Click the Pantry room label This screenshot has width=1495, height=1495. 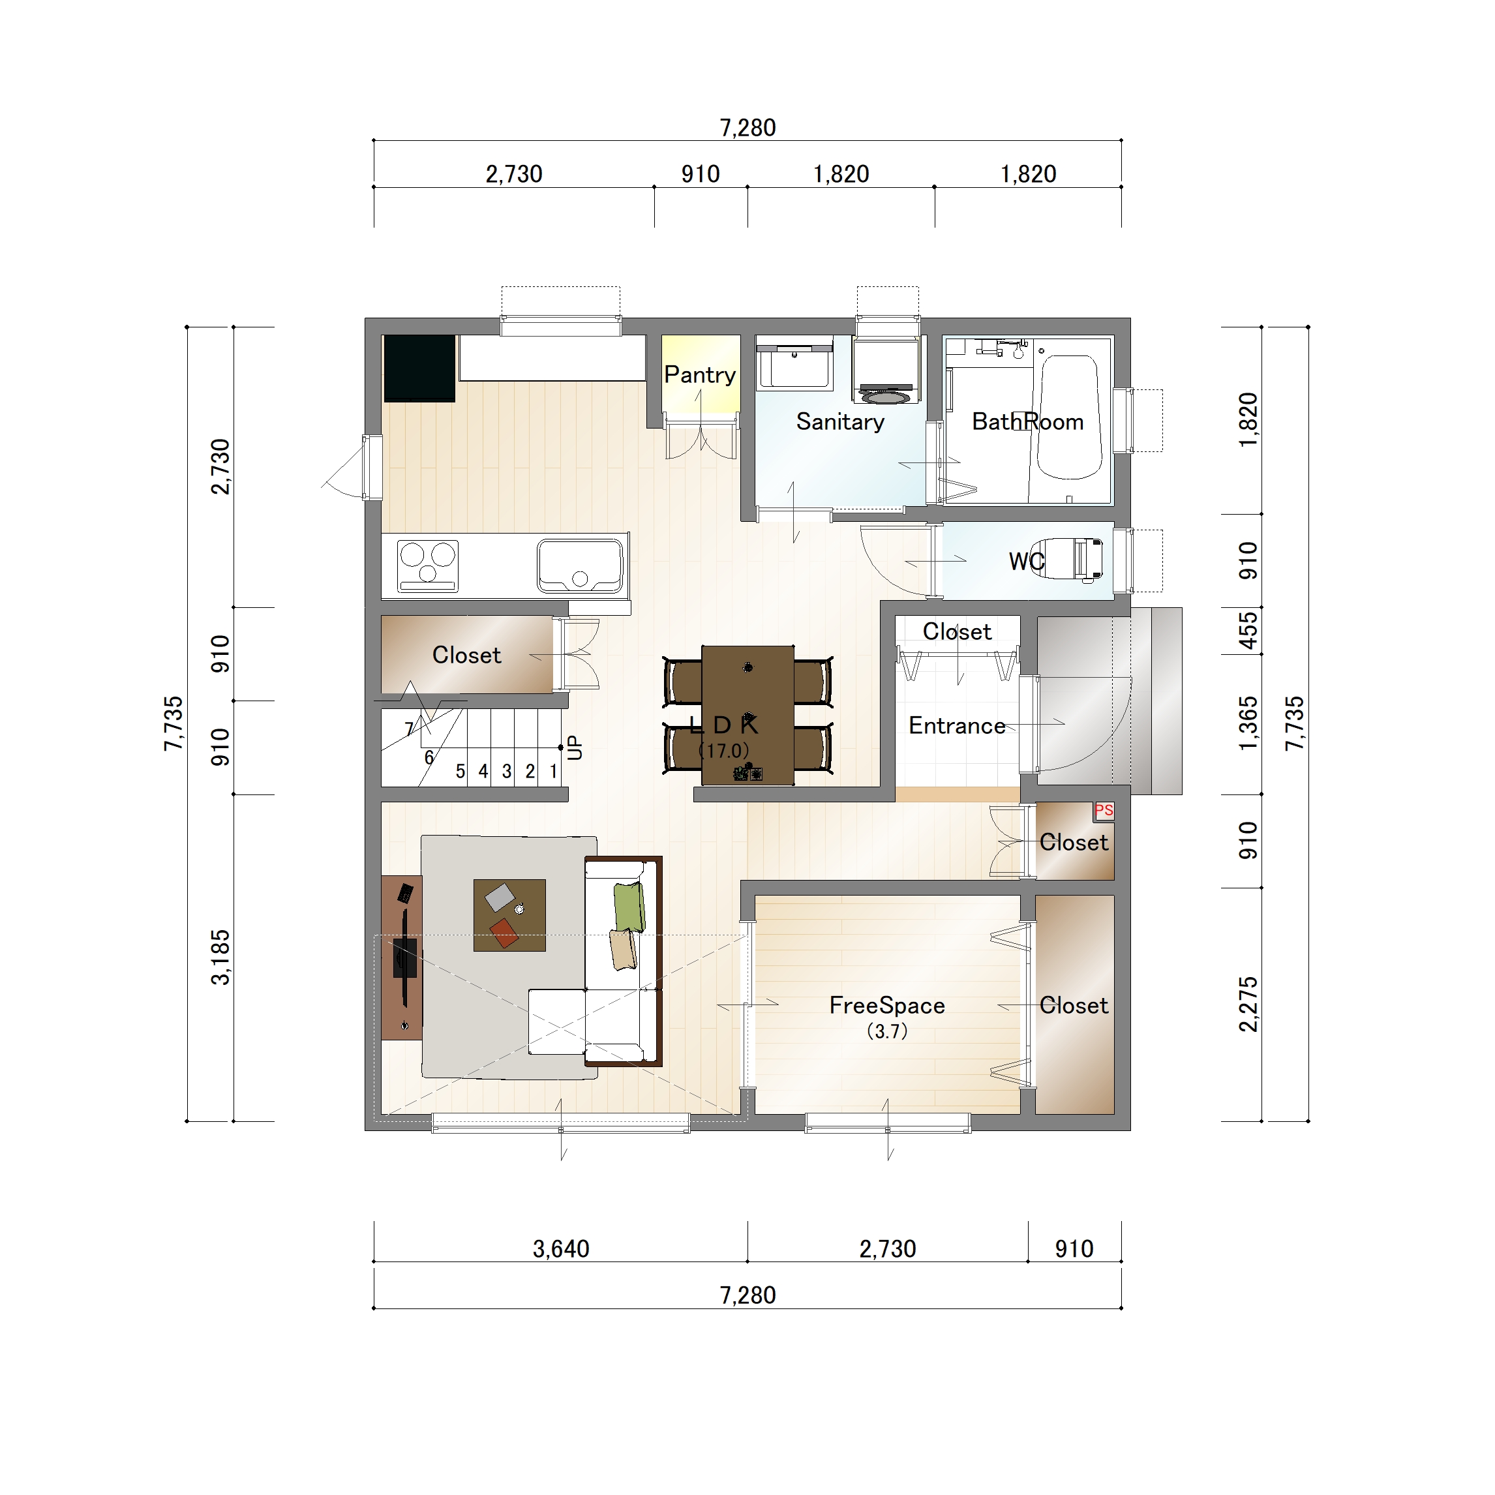(x=699, y=375)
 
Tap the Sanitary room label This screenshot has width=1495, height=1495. (x=839, y=422)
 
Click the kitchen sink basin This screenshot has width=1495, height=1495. (x=580, y=565)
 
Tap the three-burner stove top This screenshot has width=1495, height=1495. (x=427, y=566)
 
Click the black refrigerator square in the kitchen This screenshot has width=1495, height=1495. (x=419, y=369)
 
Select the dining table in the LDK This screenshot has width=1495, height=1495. (x=747, y=715)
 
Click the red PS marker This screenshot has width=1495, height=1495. (x=1104, y=811)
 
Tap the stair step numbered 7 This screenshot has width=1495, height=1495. (x=410, y=729)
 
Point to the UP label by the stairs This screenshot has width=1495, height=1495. (x=574, y=747)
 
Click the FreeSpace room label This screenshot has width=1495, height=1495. (x=887, y=1005)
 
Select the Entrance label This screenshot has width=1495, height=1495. (x=956, y=726)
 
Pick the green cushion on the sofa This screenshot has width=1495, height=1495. (x=629, y=907)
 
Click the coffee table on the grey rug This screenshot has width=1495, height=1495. (x=509, y=914)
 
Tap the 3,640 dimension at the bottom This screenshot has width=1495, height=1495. (x=561, y=1249)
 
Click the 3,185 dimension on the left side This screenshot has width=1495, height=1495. (x=220, y=957)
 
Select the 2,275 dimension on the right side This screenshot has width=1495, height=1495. (x=1248, y=1004)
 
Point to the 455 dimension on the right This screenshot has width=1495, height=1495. (x=1248, y=631)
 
